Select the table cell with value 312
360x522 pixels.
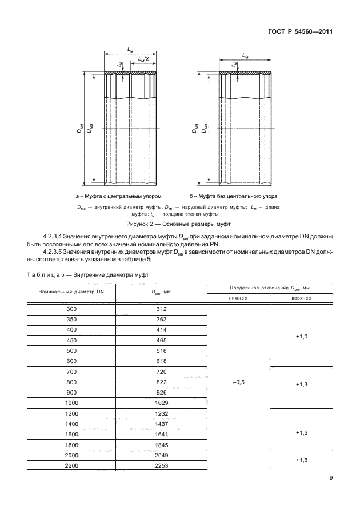point(161,309)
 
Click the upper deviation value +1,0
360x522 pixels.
point(302,337)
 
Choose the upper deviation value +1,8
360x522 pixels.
point(302,459)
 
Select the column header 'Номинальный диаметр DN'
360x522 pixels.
point(71,292)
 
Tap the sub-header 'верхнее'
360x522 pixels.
point(302,298)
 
